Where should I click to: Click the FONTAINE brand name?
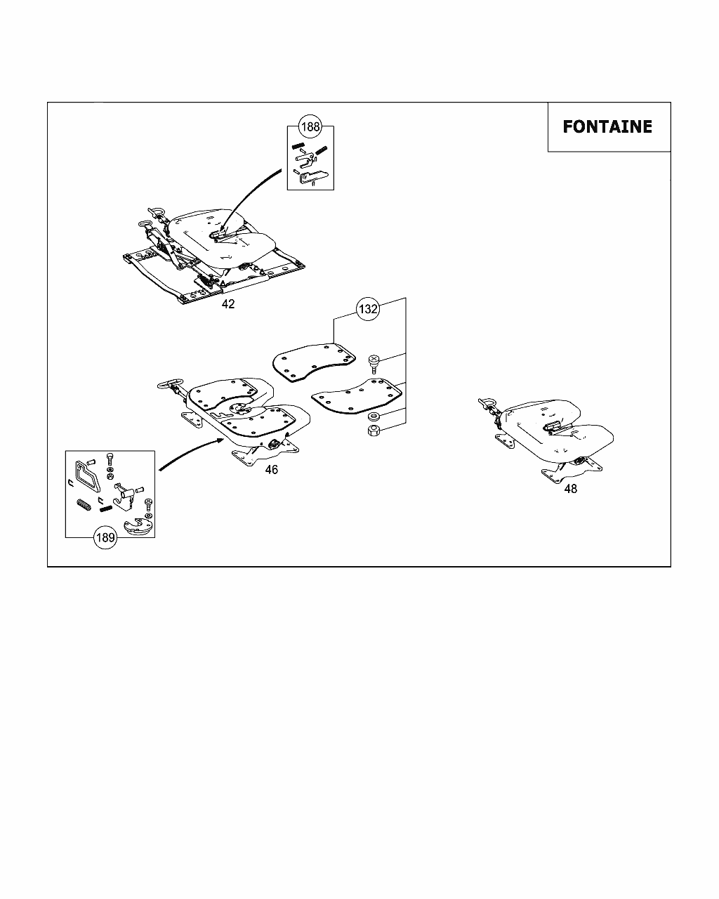coord(607,127)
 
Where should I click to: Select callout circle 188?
coord(310,127)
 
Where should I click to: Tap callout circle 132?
coord(368,309)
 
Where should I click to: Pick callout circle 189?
coord(105,538)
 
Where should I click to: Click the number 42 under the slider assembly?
coord(228,305)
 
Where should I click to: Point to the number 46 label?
coord(271,470)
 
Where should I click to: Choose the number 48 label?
coord(571,489)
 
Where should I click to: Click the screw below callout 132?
coord(374,365)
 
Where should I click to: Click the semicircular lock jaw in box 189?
coord(137,527)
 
